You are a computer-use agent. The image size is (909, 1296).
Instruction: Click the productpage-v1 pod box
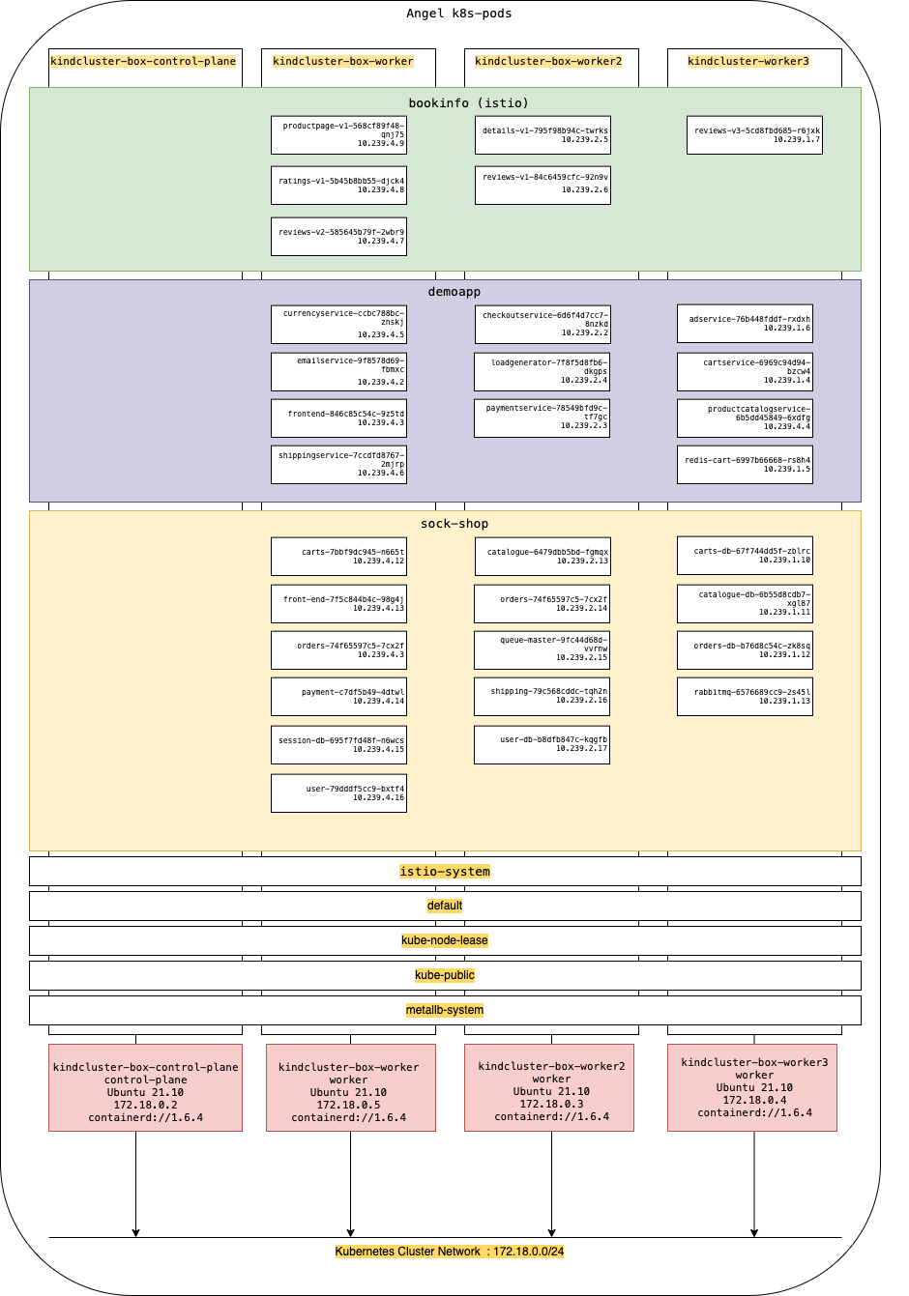338,135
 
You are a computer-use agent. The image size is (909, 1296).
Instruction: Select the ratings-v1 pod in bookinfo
338,186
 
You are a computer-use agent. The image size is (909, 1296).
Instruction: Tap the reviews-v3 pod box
754,135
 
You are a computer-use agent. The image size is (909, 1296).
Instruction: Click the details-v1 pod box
542,135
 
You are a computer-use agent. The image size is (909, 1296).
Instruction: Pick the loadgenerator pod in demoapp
542,372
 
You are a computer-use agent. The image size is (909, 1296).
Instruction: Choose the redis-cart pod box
745,465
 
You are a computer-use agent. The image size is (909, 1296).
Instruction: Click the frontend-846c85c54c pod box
338,418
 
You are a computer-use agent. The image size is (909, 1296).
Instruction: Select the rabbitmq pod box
745,697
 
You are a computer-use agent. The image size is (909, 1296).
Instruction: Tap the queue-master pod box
542,650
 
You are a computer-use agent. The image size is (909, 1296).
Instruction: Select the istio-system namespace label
445,872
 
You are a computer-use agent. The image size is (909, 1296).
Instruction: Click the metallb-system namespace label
445,1010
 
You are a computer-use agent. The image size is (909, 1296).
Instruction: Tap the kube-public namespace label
445,975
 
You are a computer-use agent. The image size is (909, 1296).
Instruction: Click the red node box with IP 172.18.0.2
145,1087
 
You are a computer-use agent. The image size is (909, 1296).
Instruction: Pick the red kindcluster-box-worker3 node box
752,1087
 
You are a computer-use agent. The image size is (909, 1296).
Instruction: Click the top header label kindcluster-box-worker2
548,61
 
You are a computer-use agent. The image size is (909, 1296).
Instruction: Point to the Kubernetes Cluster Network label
450,1252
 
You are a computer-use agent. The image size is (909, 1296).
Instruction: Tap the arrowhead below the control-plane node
135,1232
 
